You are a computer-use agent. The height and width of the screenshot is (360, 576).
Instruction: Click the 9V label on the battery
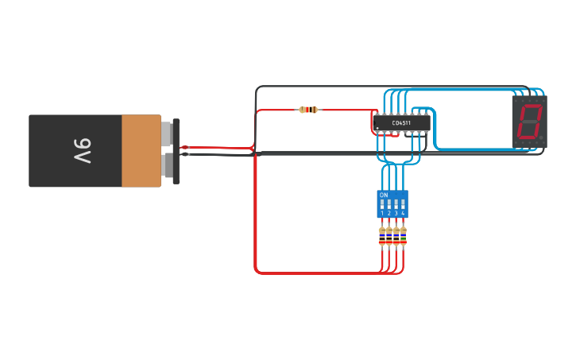point(83,150)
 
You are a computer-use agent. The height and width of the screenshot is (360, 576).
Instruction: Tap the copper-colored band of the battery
point(141,150)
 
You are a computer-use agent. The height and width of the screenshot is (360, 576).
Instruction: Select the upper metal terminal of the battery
point(167,134)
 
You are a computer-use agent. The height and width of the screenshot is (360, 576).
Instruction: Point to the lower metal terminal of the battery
point(167,165)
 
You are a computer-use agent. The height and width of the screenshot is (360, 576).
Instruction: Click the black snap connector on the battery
point(176,150)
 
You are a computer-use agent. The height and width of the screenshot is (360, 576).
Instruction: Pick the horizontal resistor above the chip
point(308,110)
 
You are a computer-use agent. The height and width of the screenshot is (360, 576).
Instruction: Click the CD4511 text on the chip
point(402,123)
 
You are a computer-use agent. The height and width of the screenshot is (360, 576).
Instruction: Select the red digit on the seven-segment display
point(529,122)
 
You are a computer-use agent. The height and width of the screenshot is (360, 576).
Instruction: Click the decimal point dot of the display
point(542,138)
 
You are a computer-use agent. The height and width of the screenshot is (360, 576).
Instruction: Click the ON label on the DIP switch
point(384,195)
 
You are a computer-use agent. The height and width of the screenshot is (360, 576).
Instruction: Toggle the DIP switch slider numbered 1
point(382,204)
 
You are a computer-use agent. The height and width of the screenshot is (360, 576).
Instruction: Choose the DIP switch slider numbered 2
point(389,204)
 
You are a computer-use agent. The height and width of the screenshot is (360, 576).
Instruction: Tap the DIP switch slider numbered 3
point(396,204)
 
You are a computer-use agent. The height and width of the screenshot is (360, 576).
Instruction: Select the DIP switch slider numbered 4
point(404,204)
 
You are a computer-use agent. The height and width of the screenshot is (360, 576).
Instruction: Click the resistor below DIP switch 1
point(382,236)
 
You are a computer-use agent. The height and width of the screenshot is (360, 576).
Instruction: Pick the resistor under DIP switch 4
point(404,236)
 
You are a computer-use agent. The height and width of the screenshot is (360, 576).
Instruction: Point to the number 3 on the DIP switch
point(396,213)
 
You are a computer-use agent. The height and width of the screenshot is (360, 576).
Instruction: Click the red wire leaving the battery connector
point(215,147)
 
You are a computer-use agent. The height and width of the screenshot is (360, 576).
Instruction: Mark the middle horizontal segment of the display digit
point(529,122)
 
